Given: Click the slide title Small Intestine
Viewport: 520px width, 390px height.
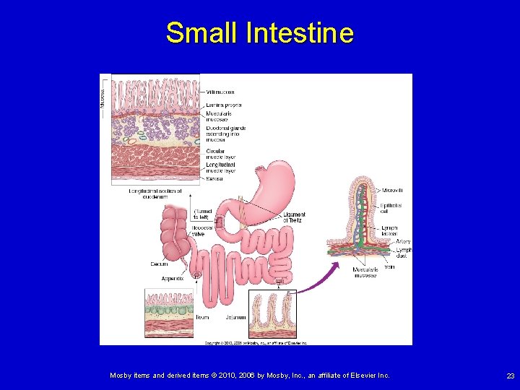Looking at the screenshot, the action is click(259, 33).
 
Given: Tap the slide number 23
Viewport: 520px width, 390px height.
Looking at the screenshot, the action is click(511, 376).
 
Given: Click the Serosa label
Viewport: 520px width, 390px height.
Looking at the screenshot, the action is click(214, 178).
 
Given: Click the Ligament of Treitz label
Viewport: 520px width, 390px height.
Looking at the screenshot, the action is click(294, 217).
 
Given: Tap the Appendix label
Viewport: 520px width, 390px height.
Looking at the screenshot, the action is click(173, 278).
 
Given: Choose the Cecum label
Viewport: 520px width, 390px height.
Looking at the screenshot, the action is click(159, 264).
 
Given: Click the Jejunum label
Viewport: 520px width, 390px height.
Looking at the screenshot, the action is click(235, 317).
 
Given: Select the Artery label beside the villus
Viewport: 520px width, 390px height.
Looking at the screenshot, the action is click(403, 241).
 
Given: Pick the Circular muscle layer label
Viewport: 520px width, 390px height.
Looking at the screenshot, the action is click(220, 155).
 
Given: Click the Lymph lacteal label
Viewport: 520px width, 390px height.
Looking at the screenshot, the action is click(389, 231).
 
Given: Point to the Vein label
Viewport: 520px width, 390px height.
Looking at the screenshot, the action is click(389, 267).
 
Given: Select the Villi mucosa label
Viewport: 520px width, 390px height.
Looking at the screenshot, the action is click(220, 92).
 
